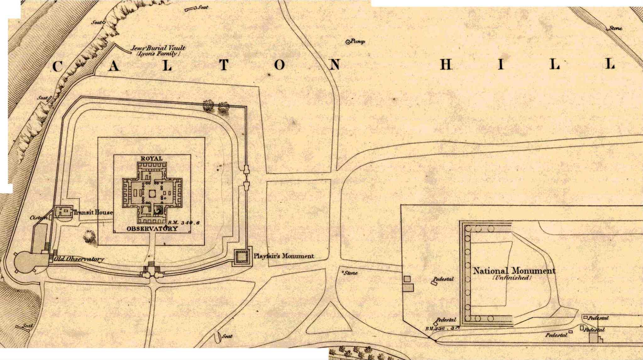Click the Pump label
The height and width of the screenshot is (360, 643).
click(x=358, y=41)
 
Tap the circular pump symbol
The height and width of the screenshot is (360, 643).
click(x=348, y=42)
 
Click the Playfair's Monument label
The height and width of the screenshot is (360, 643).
click(x=284, y=256)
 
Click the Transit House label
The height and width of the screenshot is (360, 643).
click(x=93, y=212)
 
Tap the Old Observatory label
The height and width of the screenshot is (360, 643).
click(x=79, y=259)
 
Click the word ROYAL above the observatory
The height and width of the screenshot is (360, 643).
click(x=151, y=158)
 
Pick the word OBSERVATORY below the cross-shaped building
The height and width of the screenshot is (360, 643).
click(x=152, y=229)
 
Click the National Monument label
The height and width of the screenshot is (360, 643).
click(x=514, y=270)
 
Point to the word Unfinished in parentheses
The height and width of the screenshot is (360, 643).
click(x=512, y=278)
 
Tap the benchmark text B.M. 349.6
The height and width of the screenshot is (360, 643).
click(x=184, y=223)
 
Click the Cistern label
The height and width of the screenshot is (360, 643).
click(x=39, y=218)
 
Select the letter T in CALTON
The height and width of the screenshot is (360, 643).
click(x=224, y=65)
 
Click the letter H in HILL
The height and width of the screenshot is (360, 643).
click(x=446, y=64)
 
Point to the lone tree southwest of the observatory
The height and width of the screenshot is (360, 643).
click(x=90, y=236)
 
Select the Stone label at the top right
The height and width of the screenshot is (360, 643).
click(x=615, y=28)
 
